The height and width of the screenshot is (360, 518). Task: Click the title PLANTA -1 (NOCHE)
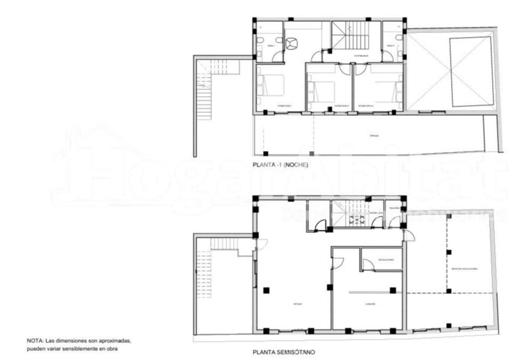[280, 165]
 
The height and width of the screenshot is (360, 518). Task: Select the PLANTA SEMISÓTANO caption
[284, 353]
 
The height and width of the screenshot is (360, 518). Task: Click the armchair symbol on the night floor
[292, 43]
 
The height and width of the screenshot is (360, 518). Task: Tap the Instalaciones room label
[386, 260]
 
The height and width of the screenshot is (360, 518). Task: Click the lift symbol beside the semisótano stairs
[356, 220]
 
